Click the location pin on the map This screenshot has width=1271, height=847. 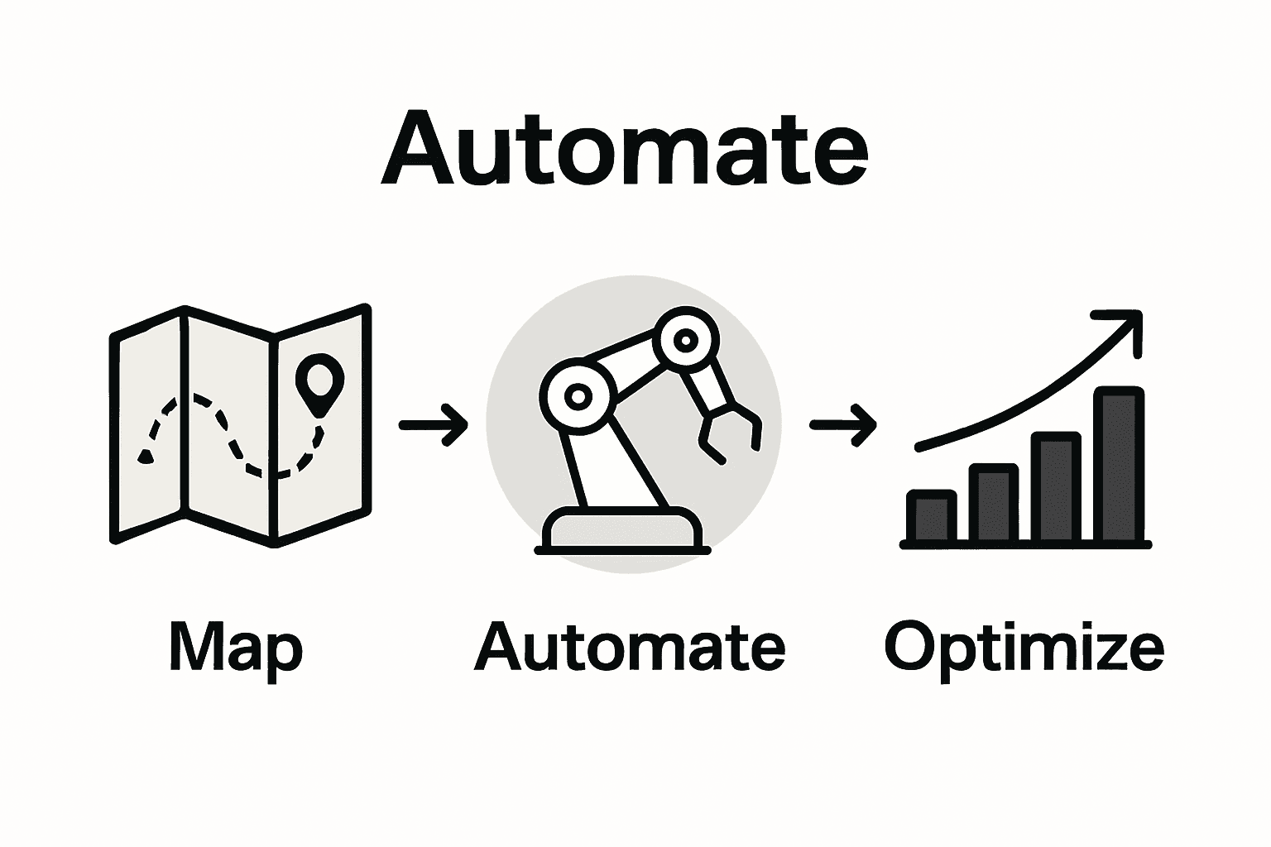point(319,380)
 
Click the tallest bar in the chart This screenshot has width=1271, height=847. point(1119,465)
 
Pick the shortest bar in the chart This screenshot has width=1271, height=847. point(932,516)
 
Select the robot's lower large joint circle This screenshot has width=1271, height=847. point(578,395)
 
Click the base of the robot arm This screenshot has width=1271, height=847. point(622,529)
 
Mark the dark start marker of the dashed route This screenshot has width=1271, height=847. point(146,455)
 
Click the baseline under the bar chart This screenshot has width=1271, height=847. point(1026,543)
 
